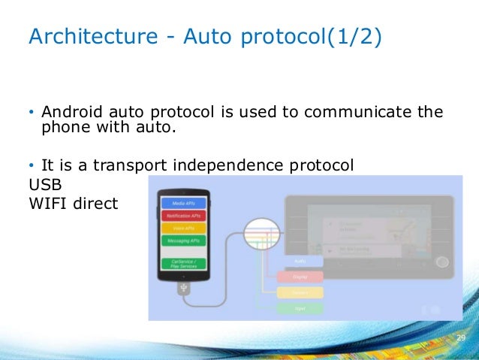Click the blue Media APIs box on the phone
tap(185, 202)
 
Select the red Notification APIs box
tap(185, 214)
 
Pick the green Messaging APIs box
tap(185, 240)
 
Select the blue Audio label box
tap(300, 261)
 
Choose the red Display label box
tap(300, 277)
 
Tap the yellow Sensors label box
tap(300, 292)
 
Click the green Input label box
tap(300, 308)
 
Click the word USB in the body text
tap(43, 184)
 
